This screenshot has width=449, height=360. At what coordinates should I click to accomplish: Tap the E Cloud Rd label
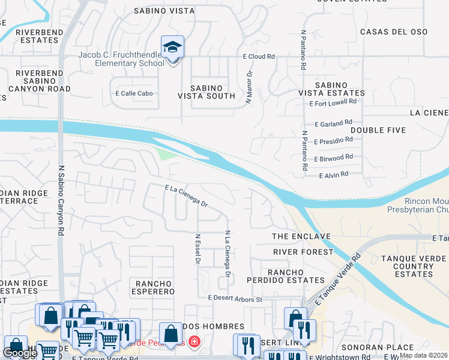[258, 56]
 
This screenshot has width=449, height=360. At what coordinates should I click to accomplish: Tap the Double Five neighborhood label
[378, 130]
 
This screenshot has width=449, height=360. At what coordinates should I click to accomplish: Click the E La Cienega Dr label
[186, 196]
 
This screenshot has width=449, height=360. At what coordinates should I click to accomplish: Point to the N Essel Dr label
[197, 249]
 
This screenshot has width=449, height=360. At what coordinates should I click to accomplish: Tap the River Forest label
[303, 252]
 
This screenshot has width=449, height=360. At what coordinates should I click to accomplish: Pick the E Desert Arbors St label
[235, 298]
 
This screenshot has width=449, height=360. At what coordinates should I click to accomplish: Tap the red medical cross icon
[194, 343]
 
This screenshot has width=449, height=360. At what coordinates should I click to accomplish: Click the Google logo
[19, 353]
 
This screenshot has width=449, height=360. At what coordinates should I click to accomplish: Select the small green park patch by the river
[167, 154]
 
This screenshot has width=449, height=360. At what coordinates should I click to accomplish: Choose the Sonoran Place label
[377, 347]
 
